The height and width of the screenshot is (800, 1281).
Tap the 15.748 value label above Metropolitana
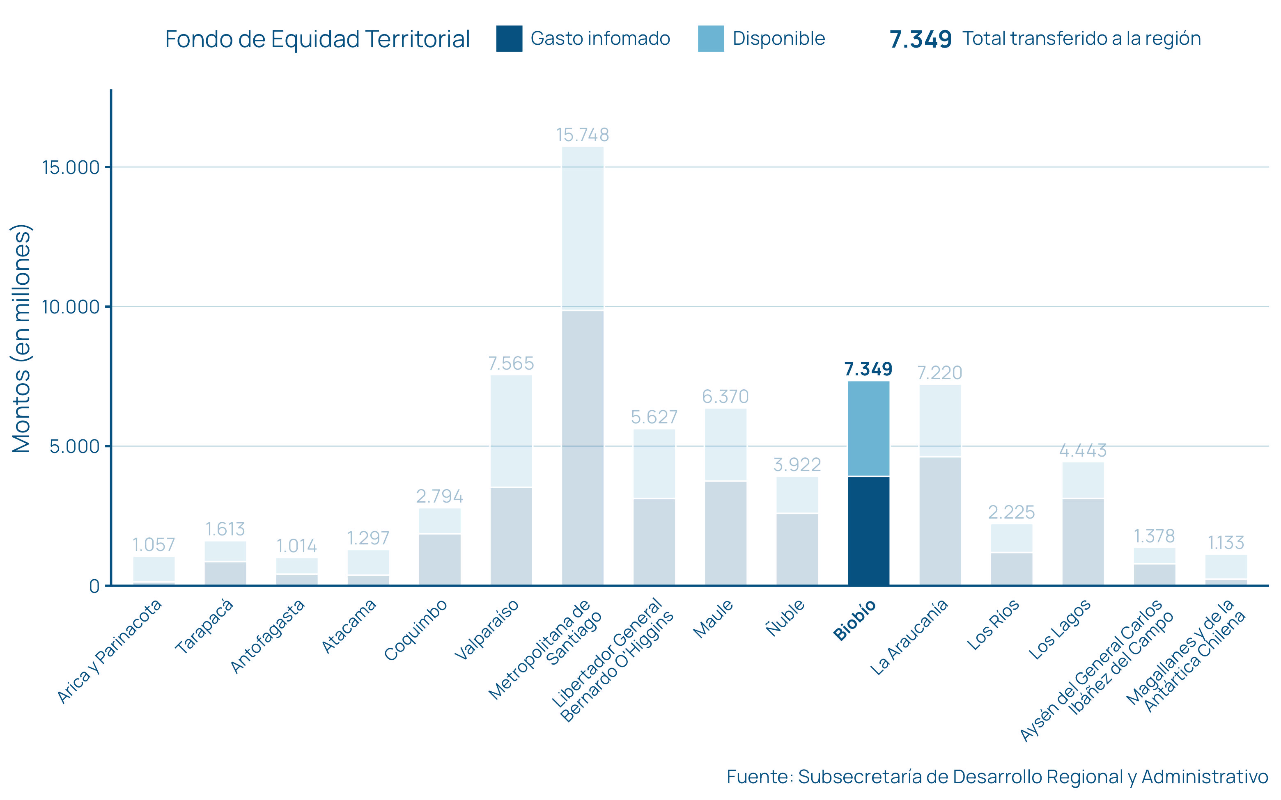point(582,135)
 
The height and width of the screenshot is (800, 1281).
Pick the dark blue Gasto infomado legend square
point(509,39)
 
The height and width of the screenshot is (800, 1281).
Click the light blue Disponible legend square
point(711,39)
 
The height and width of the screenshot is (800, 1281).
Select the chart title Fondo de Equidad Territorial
point(318,39)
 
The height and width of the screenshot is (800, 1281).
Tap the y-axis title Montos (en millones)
point(22,338)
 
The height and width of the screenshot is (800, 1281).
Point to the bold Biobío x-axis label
point(854,620)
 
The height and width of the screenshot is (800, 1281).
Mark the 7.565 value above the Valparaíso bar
point(511,363)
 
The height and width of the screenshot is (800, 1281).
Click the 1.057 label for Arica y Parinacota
point(154,544)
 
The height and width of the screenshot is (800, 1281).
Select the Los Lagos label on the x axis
point(1060,630)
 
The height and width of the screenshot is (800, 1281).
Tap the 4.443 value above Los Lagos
point(1083,450)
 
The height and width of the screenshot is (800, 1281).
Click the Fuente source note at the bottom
point(997,777)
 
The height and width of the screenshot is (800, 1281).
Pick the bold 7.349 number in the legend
point(921,39)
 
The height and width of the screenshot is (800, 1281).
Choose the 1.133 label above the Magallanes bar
point(1226,542)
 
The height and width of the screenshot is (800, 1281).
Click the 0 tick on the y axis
point(94,586)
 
